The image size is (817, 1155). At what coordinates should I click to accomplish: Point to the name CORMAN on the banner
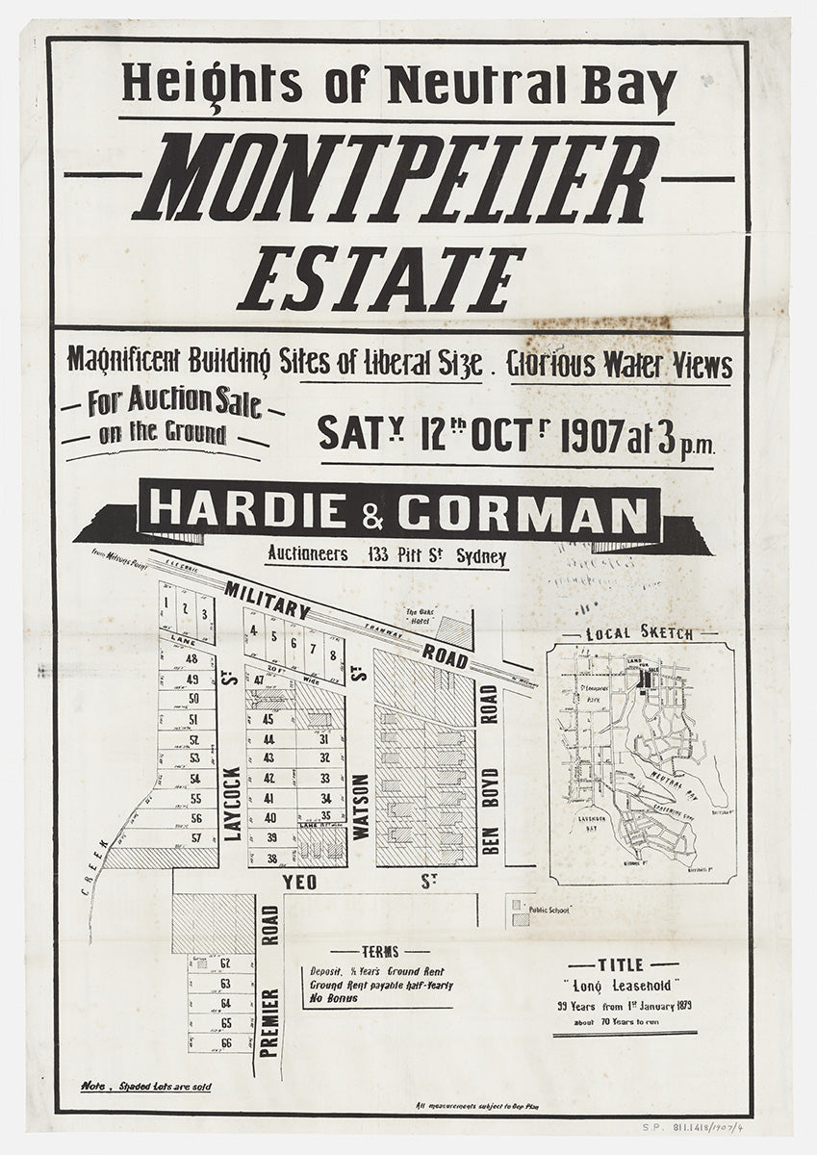click(x=523, y=515)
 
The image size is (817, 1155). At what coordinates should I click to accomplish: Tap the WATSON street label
click(x=361, y=808)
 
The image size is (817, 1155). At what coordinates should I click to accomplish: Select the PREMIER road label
click(x=269, y=1022)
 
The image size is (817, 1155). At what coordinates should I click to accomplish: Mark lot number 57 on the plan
click(x=195, y=836)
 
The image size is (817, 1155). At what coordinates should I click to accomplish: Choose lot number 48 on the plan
click(x=192, y=659)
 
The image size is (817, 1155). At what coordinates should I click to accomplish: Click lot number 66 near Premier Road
click(x=226, y=1042)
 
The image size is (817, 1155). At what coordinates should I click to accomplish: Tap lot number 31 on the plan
click(x=325, y=738)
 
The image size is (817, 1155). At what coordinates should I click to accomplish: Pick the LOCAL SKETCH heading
click(x=640, y=634)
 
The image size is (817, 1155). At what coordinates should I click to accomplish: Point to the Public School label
click(x=549, y=909)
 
